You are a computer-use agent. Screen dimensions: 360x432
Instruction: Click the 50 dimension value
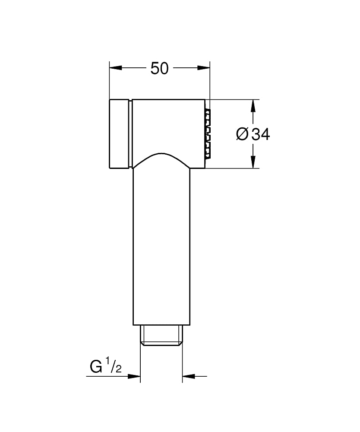click(x=159, y=68)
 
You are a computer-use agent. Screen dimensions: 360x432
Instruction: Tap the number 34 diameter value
click(x=261, y=134)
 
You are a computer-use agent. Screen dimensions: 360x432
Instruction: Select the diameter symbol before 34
click(x=242, y=134)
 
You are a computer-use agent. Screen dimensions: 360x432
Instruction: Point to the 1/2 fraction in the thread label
click(x=114, y=365)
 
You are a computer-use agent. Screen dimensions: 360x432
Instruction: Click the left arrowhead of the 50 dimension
click(x=116, y=68)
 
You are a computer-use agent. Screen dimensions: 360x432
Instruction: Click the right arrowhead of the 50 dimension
click(x=204, y=68)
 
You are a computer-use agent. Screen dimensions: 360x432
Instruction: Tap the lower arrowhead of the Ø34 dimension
click(x=253, y=162)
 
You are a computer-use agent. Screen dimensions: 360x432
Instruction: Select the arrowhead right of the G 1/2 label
click(x=134, y=376)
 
